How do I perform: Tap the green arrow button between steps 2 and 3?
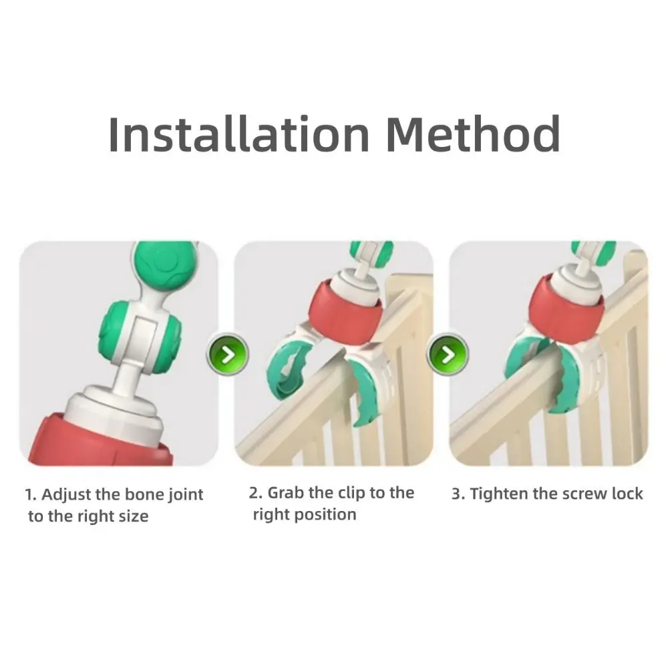tap(448, 353)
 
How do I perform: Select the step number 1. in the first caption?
tap(31, 495)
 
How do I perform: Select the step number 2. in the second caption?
tap(255, 493)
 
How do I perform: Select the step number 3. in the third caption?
tap(458, 494)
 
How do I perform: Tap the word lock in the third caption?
tap(627, 494)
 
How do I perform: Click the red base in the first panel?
tap(100, 438)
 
